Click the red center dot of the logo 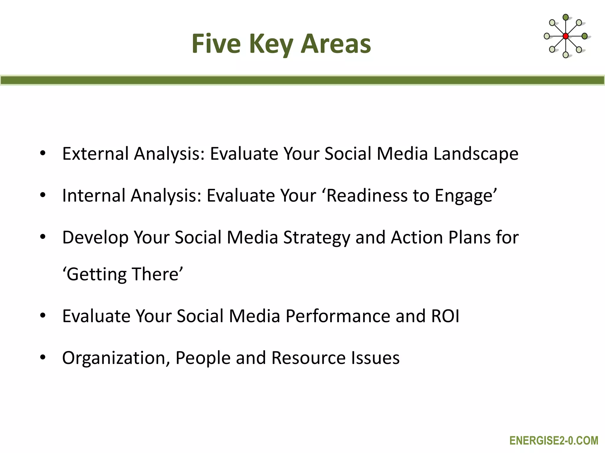point(565,36)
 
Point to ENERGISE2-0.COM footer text point(554,441)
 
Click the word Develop point(95,238)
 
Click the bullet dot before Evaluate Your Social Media point(43,316)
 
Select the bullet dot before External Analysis point(43,153)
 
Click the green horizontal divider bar point(302,80)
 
